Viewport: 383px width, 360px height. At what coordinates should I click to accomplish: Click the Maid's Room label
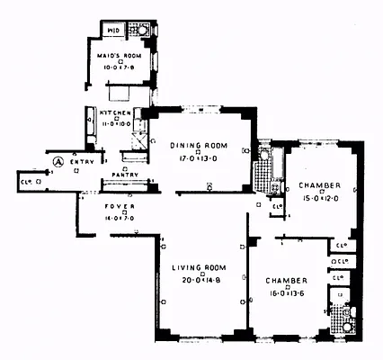120,53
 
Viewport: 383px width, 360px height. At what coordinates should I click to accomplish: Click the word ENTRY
81,162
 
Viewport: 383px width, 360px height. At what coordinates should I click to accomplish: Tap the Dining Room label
199,146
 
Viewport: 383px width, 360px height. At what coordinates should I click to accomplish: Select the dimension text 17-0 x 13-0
199,161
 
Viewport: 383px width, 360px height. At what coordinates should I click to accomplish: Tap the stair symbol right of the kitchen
139,139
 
